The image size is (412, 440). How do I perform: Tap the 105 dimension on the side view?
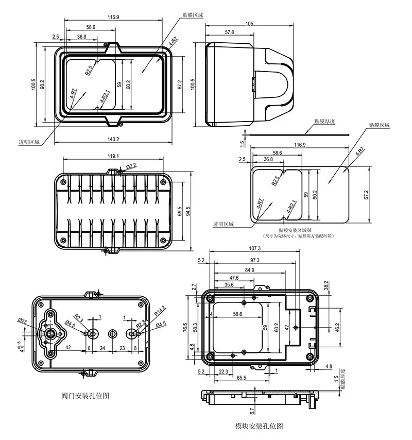pyautogui.click(x=249, y=24)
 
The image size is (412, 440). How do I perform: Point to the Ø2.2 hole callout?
pyautogui.click(x=131, y=166)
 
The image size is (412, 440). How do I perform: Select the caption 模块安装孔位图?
pyautogui.click(x=259, y=427)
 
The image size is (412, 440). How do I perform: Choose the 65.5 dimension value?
pyautogui.click(x=242, y=378)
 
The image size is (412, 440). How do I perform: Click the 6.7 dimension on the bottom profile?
pyautogui.click(x=251, y=411)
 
